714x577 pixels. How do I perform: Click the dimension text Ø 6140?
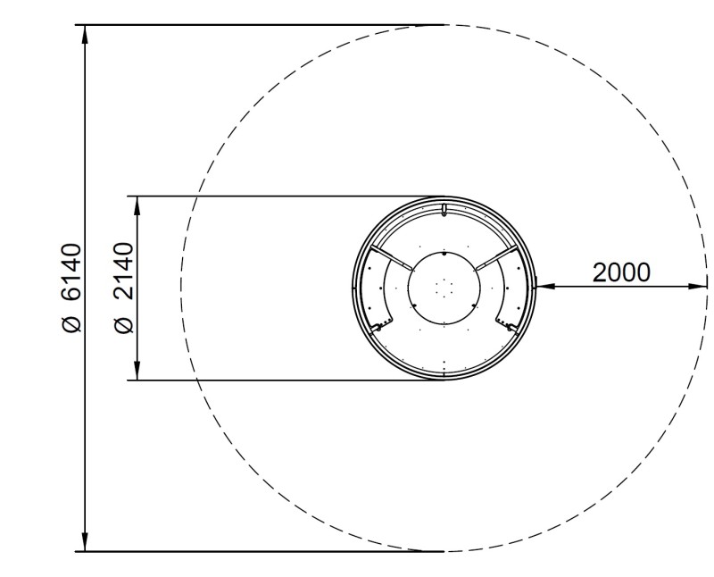pos(72,287)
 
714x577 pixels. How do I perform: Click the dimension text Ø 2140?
pos(124,287)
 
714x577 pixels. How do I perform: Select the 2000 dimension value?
pos(621,272)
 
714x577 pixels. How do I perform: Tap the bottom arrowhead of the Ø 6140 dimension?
pos(85,542)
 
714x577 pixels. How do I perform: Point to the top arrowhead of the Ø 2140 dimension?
pos(137,205)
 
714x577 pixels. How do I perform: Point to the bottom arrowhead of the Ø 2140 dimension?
pos(137,372)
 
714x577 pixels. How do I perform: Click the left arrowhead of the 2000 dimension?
pos(543,287)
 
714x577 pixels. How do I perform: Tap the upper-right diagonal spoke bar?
pos(496,260)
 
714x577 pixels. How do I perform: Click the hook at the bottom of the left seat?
pos(378,328)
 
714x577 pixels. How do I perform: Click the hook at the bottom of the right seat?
pos(510,328)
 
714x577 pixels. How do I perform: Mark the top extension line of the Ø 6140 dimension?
pos(268,25)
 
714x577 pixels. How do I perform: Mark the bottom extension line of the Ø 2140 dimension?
pos(286,380)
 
